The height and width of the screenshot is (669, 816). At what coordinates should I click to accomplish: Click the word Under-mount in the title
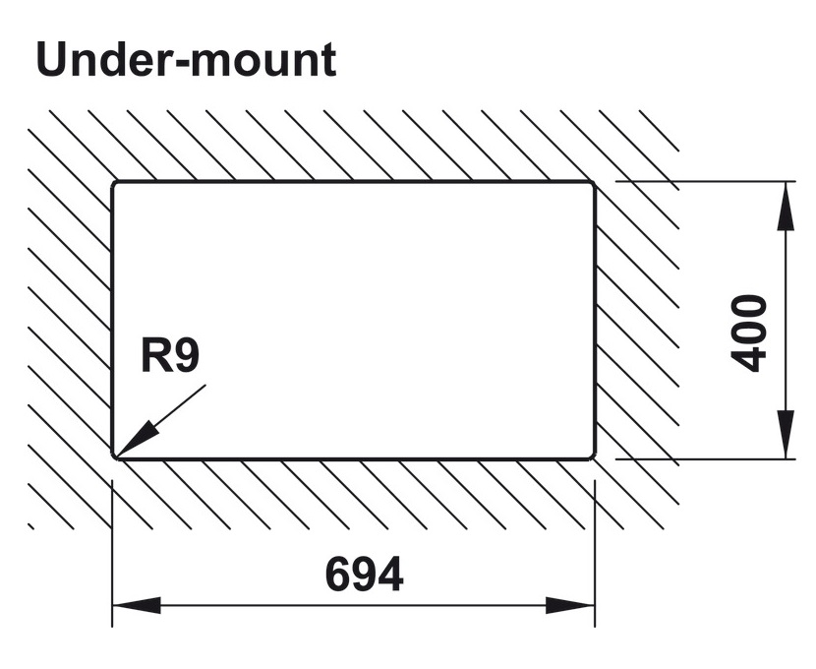[x=186, y=61]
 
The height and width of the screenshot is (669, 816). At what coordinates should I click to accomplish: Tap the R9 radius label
[x=169, y=355]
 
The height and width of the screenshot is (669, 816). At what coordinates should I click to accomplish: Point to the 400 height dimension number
[x=751, y=333]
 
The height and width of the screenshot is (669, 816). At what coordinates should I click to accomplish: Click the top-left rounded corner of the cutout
[x=116, y=185]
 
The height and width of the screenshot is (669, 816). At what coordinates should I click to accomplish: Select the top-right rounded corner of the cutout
[x=590, y=185]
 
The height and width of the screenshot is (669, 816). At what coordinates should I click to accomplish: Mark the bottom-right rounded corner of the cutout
[x=590, y=455]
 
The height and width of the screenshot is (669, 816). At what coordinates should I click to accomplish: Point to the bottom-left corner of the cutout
[x=116, y=455]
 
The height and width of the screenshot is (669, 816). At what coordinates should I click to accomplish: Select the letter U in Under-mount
[x=53, y=61]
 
